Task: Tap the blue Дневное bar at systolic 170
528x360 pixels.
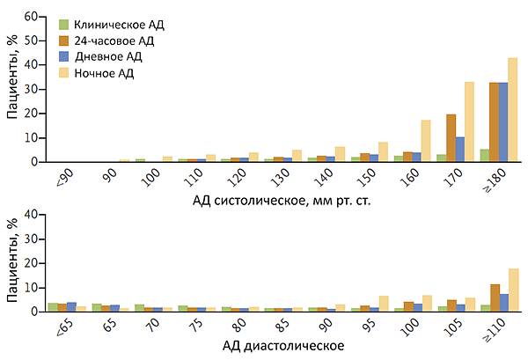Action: click(460, 150)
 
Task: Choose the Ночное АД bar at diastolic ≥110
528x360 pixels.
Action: click(513, 290)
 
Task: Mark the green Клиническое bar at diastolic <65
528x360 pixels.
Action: click(53, 307)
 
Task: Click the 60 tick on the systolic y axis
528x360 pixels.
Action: click(31, 17)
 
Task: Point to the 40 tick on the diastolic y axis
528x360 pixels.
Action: click(31, 214)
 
